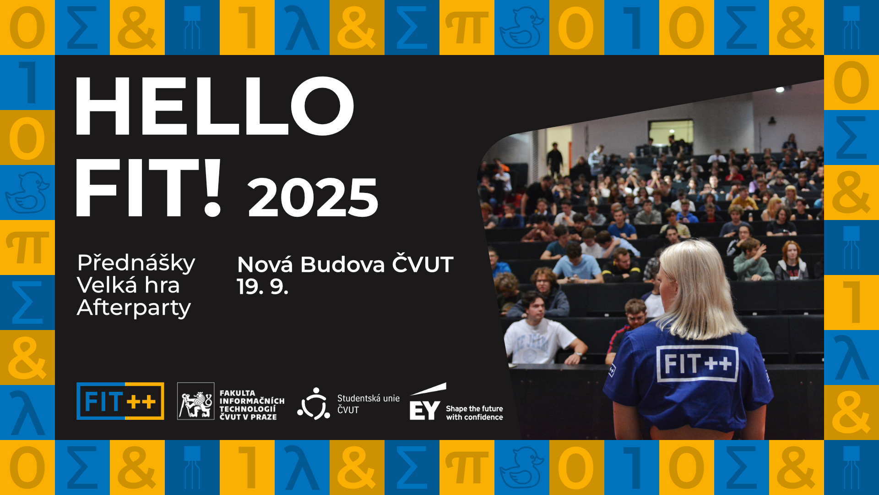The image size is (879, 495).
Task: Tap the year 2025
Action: [x=313, y=197]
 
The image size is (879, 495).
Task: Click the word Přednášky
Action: [x=136, y=264]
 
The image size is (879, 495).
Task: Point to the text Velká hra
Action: [x=128, y=285]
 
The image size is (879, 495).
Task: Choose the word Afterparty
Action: [x=134, y=308]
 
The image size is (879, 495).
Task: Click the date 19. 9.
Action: [x=262, y=286]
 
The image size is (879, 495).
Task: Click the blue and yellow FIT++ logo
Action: [x=120, y=401]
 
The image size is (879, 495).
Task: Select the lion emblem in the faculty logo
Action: [x=196, y=401]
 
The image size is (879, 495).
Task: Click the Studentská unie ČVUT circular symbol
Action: [x=314, y=404]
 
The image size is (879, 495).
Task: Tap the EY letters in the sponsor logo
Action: [x=424, y=411]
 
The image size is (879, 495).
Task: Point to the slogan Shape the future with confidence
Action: [x=474, y=413]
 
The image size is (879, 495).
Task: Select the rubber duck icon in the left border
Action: [x=27, y=192]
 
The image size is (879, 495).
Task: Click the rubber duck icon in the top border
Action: [x=521, y=27]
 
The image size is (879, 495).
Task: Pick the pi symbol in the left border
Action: [x=27, y=248]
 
